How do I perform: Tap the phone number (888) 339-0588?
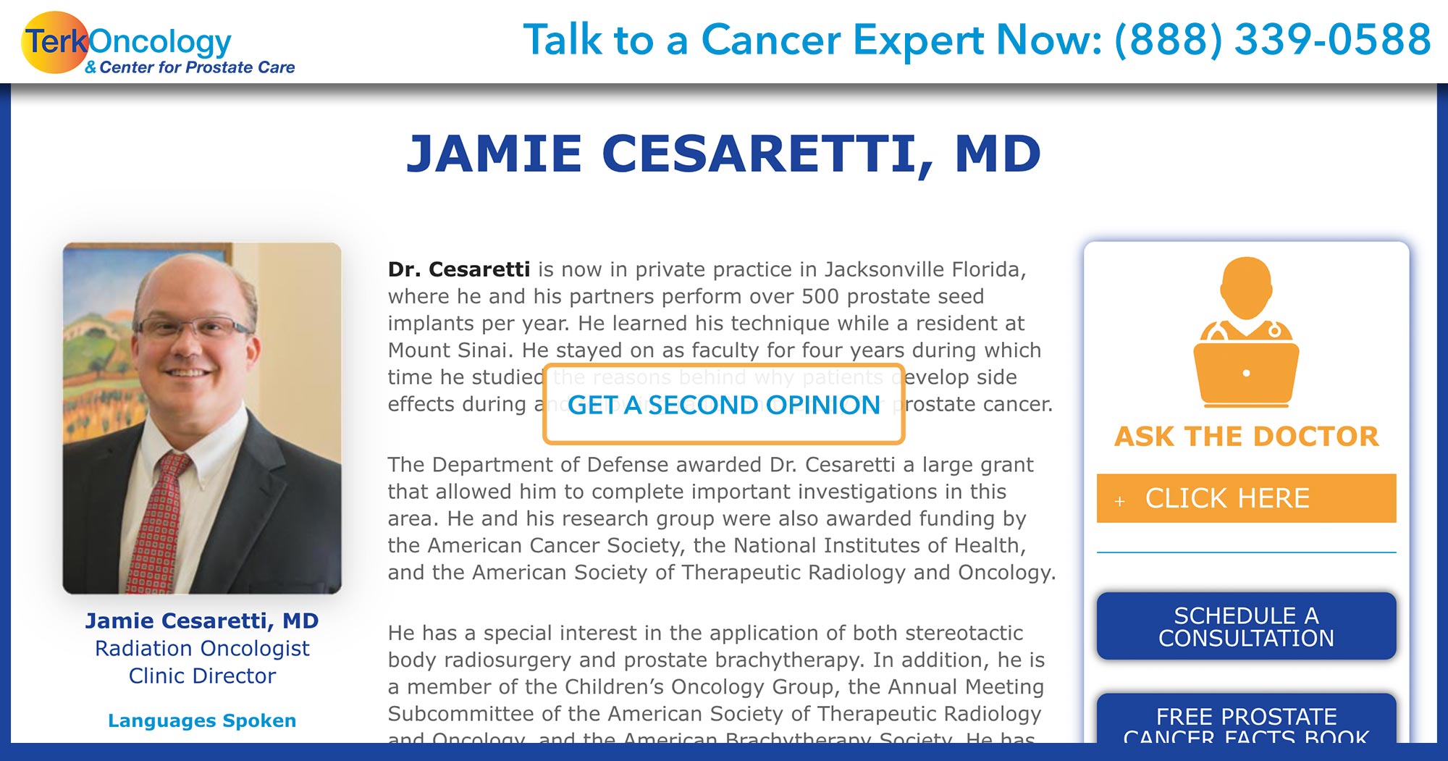(x=1272, y=40)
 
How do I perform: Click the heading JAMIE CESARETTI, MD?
(x=723, y=154)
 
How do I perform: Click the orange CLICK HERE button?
(x=1245, y=498)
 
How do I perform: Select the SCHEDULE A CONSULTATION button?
(x=1245, y=626)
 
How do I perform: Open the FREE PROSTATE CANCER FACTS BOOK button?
(x=1245, y=724)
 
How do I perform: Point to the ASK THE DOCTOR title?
(x=1246, y=437)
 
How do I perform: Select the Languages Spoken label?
(x=202, y=720)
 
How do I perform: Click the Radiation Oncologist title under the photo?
(x=202, y=648)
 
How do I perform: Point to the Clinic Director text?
(x=202, y=676)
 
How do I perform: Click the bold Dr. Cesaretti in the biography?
(x=459, y=269)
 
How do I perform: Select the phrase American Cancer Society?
(x=553, y=545)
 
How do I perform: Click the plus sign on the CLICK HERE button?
(x=1119, y=500)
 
